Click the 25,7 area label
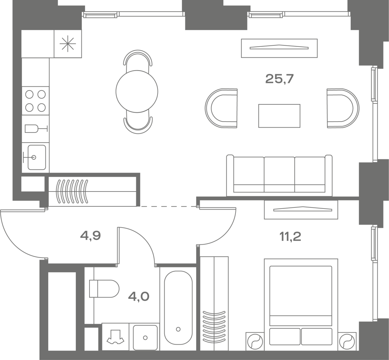[x=279, y=79]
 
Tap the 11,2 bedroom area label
[x=290, y=237]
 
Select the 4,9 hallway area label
[x=90, y=236]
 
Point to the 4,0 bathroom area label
[x=139, y=296]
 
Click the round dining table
[x=137, y=91]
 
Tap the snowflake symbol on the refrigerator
[x=68, y=44]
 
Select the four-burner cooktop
[x=35, y=101]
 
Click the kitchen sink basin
[x=37, y=157]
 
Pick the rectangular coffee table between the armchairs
[x=279, y=116]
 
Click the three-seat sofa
[x=279, y=175]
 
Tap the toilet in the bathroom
[x=104, y=289]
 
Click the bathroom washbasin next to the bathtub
[x=145, y=338]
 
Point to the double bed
[x=301, y=305]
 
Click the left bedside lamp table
[x=255, y=342]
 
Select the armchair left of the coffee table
[x=221, y=108]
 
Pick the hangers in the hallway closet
[x=72, y=192]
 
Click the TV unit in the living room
[x=279, y=48]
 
